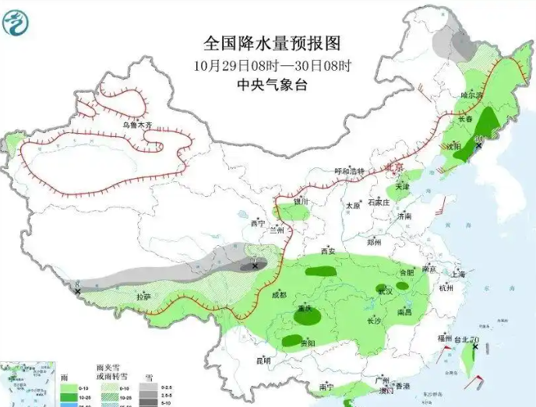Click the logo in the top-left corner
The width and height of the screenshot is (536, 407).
click(17, 19)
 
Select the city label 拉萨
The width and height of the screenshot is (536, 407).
click(143, 296)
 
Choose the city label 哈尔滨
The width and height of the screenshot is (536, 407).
click(472, 95)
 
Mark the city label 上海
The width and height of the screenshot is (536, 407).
click(457, 274)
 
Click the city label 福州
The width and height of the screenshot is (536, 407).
click(445, 338)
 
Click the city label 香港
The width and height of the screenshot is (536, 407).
click(402, 386)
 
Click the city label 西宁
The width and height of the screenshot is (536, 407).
click(258, 223)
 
